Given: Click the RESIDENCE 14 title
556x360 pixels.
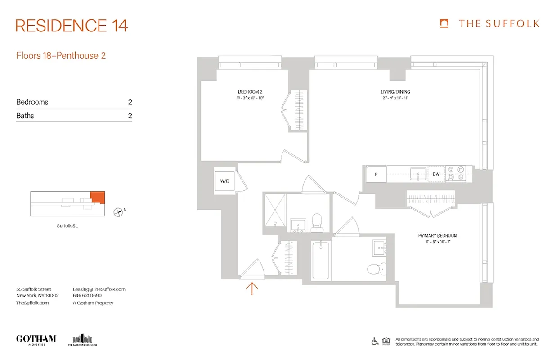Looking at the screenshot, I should coord(72,26).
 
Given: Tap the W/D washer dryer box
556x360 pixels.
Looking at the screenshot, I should coord(225,181).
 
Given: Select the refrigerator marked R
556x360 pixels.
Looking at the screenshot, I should coord(376,174).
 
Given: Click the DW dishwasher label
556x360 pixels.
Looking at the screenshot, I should coord(436,174).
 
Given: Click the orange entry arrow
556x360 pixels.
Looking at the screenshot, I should coord(252,288).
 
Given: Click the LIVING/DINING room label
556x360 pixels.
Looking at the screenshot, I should coord(395,92).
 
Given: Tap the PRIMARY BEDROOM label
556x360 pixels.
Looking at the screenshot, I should coord(437,236).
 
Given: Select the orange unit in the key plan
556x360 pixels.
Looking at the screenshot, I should coord(98,197).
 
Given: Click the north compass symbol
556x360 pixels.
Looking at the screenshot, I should coord(118,211).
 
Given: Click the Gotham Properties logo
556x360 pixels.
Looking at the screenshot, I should coord(36,339).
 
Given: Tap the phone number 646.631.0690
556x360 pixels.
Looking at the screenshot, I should coord(87,296).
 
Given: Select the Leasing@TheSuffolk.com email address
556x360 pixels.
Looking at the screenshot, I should coord(99,289).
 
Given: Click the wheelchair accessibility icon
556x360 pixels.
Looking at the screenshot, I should coord(375,341).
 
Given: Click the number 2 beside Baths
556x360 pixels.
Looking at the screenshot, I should coord(130,116).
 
